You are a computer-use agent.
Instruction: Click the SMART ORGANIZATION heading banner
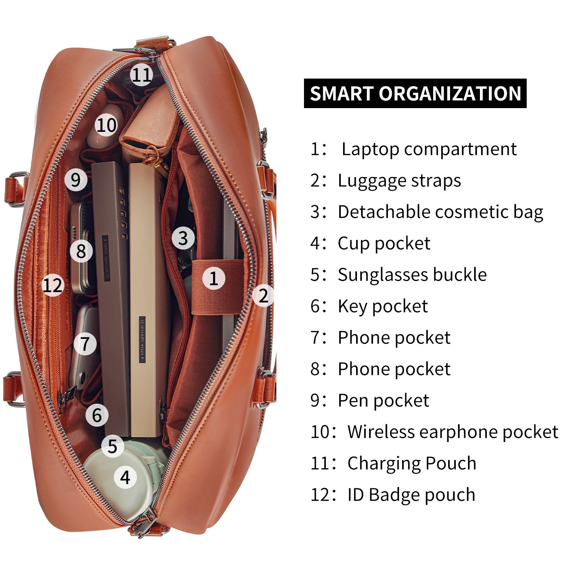pos(415,94)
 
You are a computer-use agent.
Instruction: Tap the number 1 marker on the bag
pos(214,278)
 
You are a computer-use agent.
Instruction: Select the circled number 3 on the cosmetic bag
pos(183,238)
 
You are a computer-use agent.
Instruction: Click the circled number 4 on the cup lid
pos(125,477)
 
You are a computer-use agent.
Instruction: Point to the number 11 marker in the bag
pos(141,74)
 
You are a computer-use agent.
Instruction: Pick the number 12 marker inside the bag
pos(53,285)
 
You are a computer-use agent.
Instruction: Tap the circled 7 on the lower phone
pos(85,343)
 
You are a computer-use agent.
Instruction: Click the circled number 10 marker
pos(106,125)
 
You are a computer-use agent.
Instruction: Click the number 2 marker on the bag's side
pos(263,295)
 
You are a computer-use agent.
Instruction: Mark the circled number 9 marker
pos(76,179)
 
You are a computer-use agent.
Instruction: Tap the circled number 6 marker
pos(97,415)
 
